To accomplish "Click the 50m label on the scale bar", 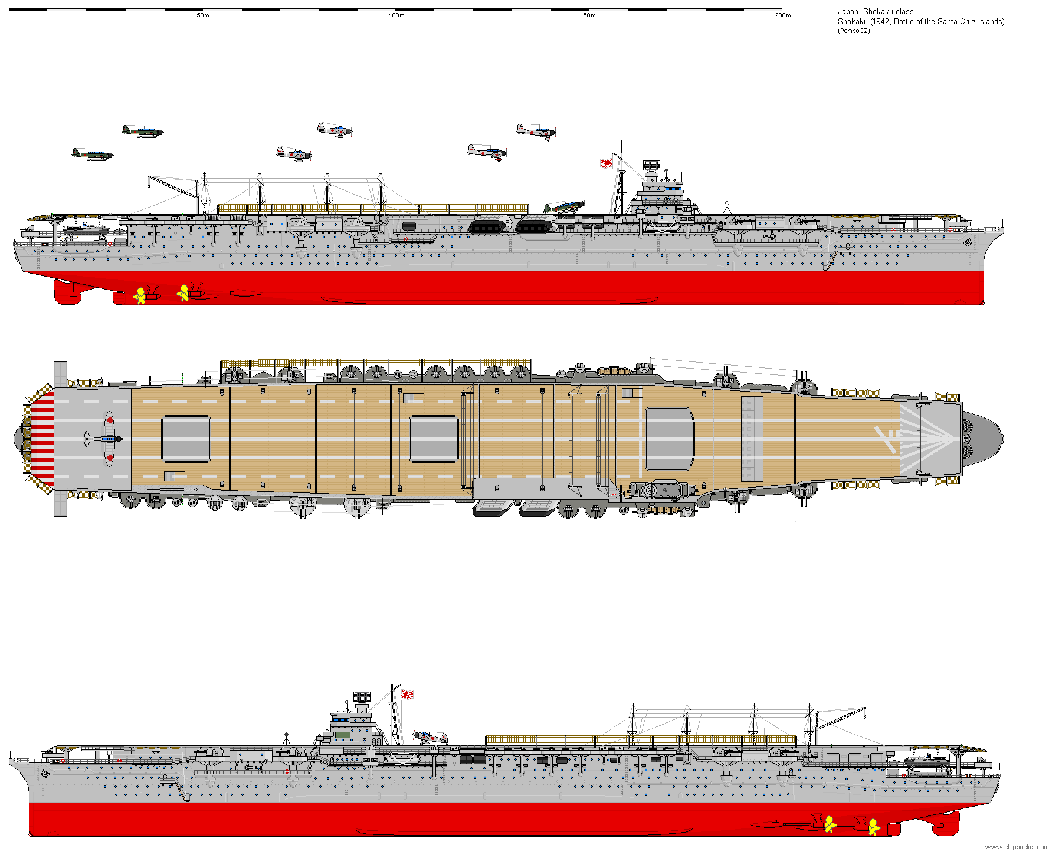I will pyautogui.click(x=203, y=15).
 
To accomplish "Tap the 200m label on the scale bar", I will pyautogui.click(x=782, y=15).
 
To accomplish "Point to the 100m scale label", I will pyautogui.click(x=396, y=15).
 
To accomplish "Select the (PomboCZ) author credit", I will pyautogui.click(x=854, y=31).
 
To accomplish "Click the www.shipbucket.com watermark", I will pyautogui.click(x=1017, y=847).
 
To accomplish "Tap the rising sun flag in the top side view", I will pyautogui.click(x=606, y=163).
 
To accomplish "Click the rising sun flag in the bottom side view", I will pyautogui.click(x=407, y=694).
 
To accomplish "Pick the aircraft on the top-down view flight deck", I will pyautogui.click(x=105, y=439).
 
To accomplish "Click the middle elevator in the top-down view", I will pyautogui.click(x=434, y=439).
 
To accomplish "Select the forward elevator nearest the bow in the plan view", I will pyautogui.click(x=670, y=439).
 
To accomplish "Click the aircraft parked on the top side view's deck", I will pyautogui.click(x=563, y=207).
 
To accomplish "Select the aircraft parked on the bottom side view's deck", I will pyautogui.click(x=431, y=737).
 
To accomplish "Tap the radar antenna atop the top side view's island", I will pyautogui.click(x=651, y=165).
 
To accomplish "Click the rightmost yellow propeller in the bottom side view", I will pyautogui.click(x=873, y=827).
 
